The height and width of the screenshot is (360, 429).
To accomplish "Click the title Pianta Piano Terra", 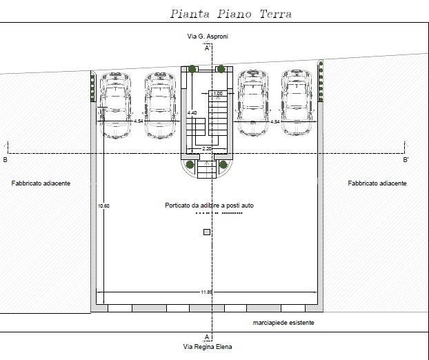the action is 231,14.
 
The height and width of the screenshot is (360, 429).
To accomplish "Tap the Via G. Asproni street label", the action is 208,37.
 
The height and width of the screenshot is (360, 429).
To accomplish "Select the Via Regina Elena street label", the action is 208,347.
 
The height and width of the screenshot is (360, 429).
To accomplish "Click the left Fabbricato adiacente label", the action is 41,183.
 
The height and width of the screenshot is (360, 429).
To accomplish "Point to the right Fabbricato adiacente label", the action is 377,183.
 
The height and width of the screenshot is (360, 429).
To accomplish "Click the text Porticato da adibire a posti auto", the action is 209,206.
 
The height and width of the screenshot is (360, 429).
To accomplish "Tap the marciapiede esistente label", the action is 283,323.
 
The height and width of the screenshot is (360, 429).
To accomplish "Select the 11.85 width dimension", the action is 206,292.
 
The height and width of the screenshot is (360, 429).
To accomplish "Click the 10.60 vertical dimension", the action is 103,206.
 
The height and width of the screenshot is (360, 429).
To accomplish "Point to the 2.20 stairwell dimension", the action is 207,149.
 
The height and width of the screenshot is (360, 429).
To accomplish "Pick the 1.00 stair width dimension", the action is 218,94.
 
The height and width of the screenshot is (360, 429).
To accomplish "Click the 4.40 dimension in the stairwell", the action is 192,112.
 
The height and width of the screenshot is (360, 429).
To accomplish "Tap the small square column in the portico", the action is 207,232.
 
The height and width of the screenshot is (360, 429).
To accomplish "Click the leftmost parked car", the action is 115,105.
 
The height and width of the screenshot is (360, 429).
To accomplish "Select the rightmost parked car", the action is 297,103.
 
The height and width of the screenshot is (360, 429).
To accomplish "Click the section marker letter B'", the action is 406,160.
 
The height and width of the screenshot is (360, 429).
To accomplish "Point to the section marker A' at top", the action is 208,48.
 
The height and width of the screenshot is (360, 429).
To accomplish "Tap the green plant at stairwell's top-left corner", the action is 192,69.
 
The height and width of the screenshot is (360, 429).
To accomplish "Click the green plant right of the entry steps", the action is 223,164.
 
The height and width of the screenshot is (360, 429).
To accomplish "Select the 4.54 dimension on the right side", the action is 275,121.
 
